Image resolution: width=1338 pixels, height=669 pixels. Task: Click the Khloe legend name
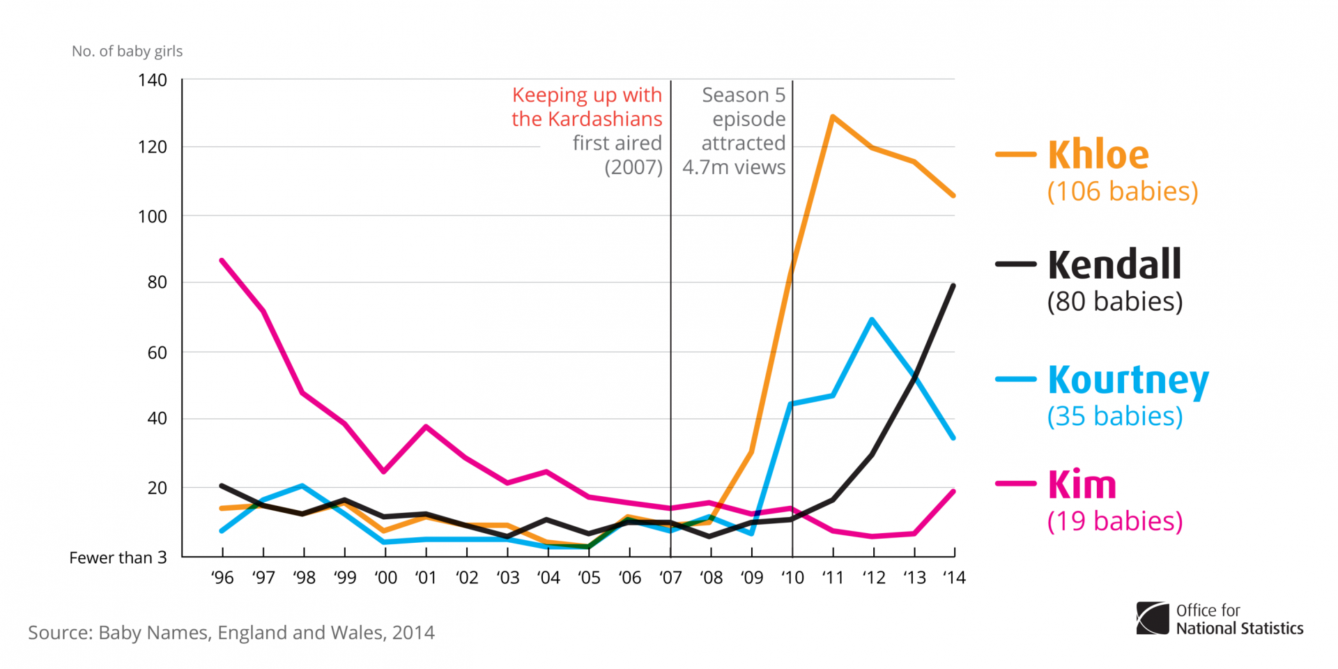tap(1098, 155)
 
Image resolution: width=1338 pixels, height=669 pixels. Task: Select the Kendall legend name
tap(1114, 264)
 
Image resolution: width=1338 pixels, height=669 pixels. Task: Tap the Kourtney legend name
tap(1128, 380)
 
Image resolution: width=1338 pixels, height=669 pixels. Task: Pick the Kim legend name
tap(1082, 485)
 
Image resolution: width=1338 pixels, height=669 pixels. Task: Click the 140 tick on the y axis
tap(153, 80)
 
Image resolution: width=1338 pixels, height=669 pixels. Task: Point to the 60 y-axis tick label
tap(157, 353)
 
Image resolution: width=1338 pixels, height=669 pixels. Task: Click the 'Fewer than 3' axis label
tap(118, 557)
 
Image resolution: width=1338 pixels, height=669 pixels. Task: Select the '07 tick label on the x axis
tap(670, 578)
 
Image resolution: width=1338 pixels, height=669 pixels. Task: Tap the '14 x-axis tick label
tap(954, 578)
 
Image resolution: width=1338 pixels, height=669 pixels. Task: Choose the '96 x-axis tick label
tap(222, 578)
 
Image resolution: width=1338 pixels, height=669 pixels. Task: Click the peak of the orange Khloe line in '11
tap(833, 117)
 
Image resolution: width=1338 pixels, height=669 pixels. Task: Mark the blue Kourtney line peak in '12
tap(872, 320)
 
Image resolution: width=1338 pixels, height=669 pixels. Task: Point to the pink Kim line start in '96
tap(222, 261)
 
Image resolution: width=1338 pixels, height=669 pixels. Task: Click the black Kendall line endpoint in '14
tap(953, 286)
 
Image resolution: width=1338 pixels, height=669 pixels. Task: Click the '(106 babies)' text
tap(1123, 192)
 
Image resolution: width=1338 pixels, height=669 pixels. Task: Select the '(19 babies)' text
tap(1115, 521)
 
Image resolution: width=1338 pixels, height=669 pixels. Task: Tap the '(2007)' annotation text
tap(633, 167)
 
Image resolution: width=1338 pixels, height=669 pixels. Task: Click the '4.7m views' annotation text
tap(734, 167)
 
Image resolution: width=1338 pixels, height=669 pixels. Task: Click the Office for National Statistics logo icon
tap(1153, 618)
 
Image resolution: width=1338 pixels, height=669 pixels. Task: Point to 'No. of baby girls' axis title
tap(128, 51)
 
